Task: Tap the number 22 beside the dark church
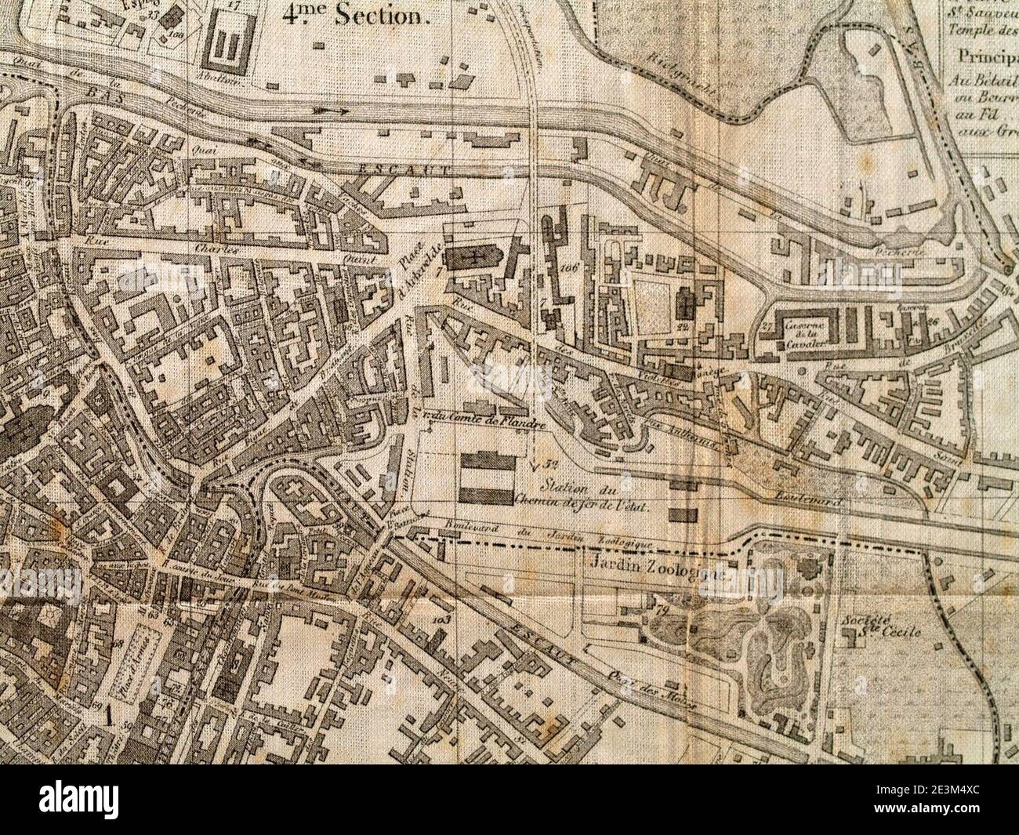[x=682, y=325]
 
